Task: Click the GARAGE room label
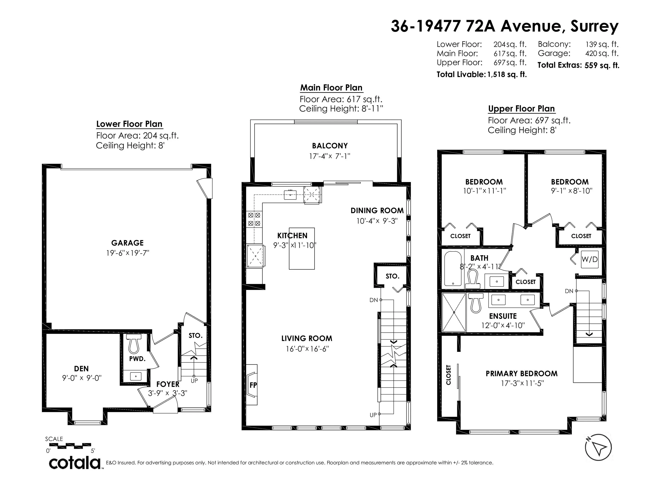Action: click(x=127, y=243)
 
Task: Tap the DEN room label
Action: click(x=81, y=369)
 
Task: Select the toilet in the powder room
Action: click(x=134, y=344)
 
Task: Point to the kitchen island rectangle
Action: click(x=302, y=248)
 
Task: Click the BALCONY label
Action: click(x=330, y=146)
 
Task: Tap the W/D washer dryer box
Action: click(x=589, y=259)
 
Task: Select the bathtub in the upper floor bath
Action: click(x=453, y=268)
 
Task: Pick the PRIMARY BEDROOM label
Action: click(x=522, y=374)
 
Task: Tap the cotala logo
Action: click(x=74, y=463)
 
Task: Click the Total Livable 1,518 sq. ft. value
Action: click(x=507, y=74)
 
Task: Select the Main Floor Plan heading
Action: click(x=331, y=88)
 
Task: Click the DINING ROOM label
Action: click(x=377, y=210)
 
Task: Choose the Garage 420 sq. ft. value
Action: click(x=602, y=53)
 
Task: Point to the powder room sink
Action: click(x=136, y=376)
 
